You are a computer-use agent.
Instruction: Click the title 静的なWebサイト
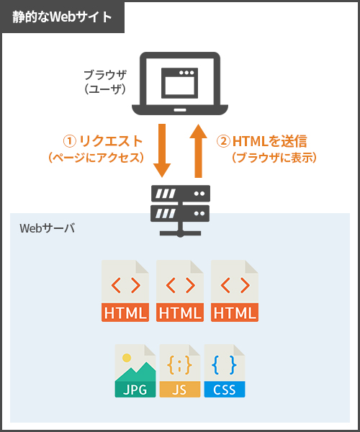pos(62,17)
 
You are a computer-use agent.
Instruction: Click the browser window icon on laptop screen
pos(179,83)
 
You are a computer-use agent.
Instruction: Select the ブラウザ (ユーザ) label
pos(105,82)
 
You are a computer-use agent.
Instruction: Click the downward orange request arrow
pos(162,150)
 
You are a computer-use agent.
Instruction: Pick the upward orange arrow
pos(198,151)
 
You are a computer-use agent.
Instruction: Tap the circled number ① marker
pos(69,141)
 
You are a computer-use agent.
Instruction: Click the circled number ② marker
pos(223,141)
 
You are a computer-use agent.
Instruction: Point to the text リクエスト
pos(111,141)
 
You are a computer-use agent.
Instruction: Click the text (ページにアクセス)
pos(96,158)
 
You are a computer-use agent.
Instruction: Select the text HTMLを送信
pos(270,141)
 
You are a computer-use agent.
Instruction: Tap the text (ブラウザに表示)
pos(274,158)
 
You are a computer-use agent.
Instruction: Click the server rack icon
pos(181,211)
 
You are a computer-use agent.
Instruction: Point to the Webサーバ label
pos(47,228)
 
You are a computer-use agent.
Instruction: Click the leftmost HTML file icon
pos(125,291)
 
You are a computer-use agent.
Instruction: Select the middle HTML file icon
pos(180,291)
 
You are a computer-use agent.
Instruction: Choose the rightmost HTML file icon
pos(235,291)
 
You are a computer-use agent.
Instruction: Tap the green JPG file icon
pos(135,371)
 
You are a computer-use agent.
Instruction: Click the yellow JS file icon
pos(180,371)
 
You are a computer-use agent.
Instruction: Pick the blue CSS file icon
pos(225,371)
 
